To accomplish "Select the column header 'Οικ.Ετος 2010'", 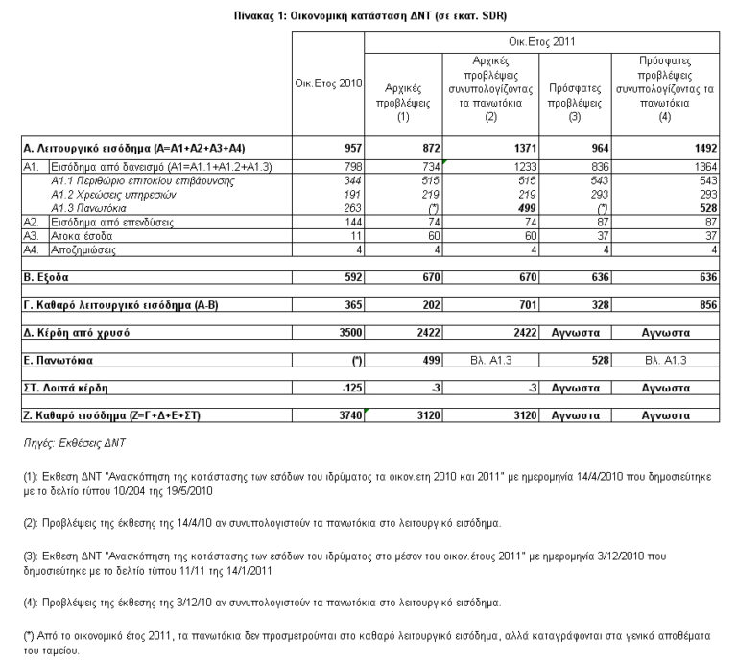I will click(x=328, y=83).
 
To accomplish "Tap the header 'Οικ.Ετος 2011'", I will click(x=542, y=42).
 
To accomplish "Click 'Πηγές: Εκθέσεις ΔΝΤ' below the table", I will click(x=83, y=443).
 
